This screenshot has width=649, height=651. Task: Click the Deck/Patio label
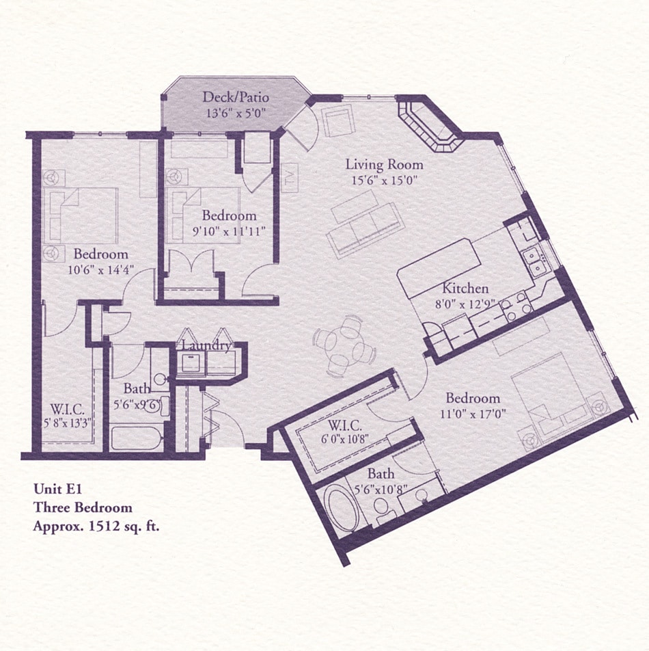click(x=231, y=97)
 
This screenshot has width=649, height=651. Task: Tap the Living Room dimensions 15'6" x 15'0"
click(x=383, y=181)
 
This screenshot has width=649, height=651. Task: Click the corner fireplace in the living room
click(x=428, y=127)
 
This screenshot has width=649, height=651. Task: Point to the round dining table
click(x=344, y=345)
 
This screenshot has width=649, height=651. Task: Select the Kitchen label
click(x=465, y=288)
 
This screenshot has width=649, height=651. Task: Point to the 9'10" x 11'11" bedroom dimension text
click(x=229, y=232)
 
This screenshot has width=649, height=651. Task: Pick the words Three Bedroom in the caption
click(x=83, y=507)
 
